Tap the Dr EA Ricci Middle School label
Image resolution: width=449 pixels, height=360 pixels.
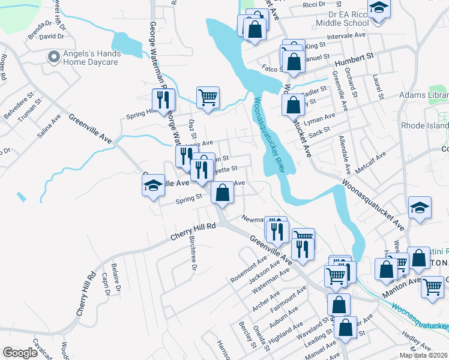(x=340, y=17)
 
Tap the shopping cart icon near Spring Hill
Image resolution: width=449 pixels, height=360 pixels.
(x=208, y=97)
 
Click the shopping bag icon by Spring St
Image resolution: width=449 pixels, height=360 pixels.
(x=222, y=193)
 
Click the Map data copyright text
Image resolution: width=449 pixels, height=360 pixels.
(x=423, y=355)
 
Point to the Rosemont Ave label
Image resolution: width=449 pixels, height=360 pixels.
(x=249, y=271)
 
